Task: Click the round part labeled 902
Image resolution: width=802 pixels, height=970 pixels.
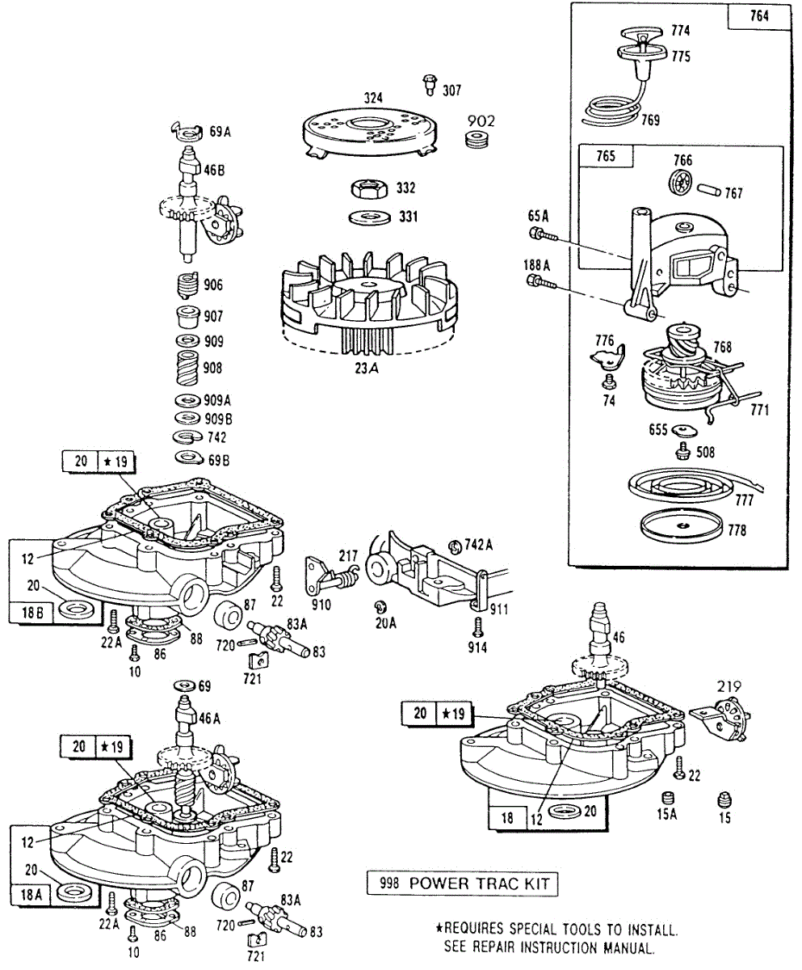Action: click(x=477, y=139)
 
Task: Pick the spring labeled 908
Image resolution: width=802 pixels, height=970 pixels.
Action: click(x=187, y=368)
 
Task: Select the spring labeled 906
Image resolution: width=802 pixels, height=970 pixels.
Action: click(x=187, y=285)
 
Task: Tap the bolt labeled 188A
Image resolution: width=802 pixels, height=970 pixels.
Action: click(x=539, y=282)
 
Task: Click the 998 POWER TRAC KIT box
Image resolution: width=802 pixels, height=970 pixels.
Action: click(x=461, y=883)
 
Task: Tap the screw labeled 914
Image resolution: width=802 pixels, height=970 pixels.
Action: click(x=477, y=628)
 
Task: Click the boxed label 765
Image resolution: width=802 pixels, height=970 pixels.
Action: click(x=606, y=156)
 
